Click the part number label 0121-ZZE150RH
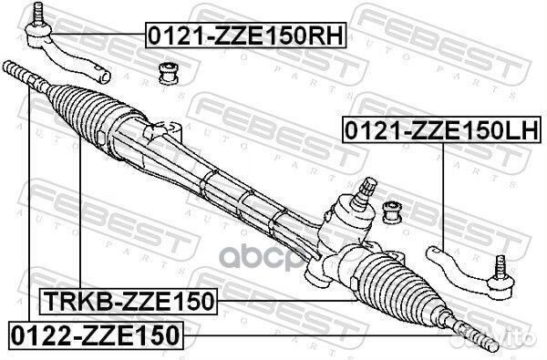click(234, 37)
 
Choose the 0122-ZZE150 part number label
click(96, 334)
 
